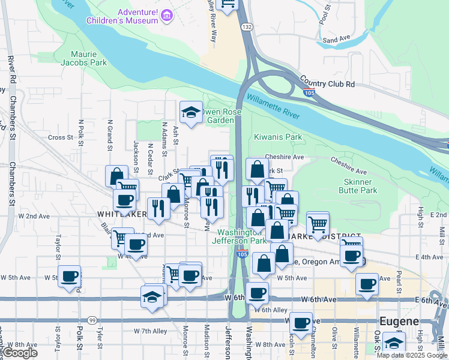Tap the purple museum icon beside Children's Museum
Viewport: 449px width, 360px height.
(x=167, y=15)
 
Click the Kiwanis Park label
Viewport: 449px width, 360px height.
(x=278, y=137)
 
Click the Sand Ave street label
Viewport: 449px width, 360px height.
(x=336, y=40)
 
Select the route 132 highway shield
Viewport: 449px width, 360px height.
(x=246, y=28)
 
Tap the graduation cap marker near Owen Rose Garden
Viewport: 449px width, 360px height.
(x=191, y=112)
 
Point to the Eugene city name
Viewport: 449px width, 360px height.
(x=400, y=321)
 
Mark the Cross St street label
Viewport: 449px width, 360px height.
(x=60, y=137)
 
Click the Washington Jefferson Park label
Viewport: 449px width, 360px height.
(x=241, y=236)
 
